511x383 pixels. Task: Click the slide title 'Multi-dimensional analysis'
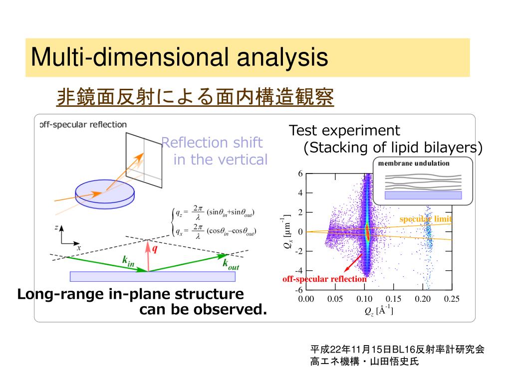point(179,57)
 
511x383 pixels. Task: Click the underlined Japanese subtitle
point(195,97)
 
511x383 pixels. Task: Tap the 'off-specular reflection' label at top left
point(84,124)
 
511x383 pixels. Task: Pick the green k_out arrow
point(190,263)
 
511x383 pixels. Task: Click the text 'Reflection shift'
point(212,143)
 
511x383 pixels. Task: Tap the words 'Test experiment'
point(345,131)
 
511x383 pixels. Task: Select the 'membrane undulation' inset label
point(414,163)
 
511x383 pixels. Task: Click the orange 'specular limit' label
point(426,219)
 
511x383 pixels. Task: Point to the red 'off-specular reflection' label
point(324,279)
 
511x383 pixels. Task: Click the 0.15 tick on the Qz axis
point(393,299)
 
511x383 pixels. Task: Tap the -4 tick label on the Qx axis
point(299,271)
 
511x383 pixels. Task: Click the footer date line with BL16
point(397,350)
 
